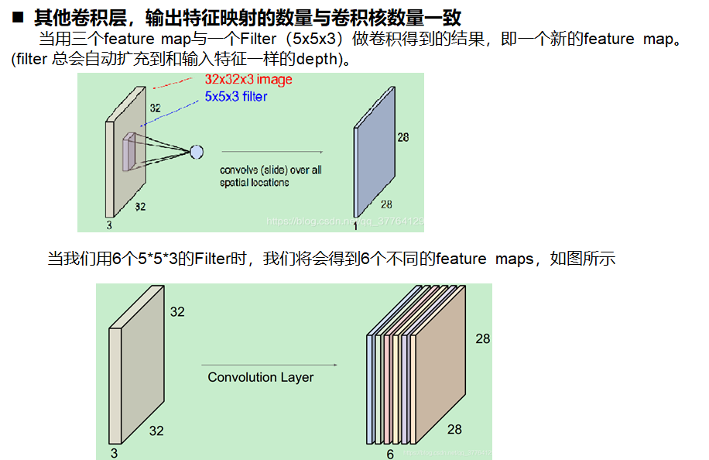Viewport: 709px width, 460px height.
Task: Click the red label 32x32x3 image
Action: pos(248,80)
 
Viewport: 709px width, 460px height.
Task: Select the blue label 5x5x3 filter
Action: pos(235,97)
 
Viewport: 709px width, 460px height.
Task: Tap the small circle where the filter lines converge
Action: pos(196,151)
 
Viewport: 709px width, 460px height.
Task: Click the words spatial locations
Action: pos(254,183)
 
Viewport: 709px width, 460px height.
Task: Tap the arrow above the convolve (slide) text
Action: pos(271,152)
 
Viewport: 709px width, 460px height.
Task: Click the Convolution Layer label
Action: pos(261,377)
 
